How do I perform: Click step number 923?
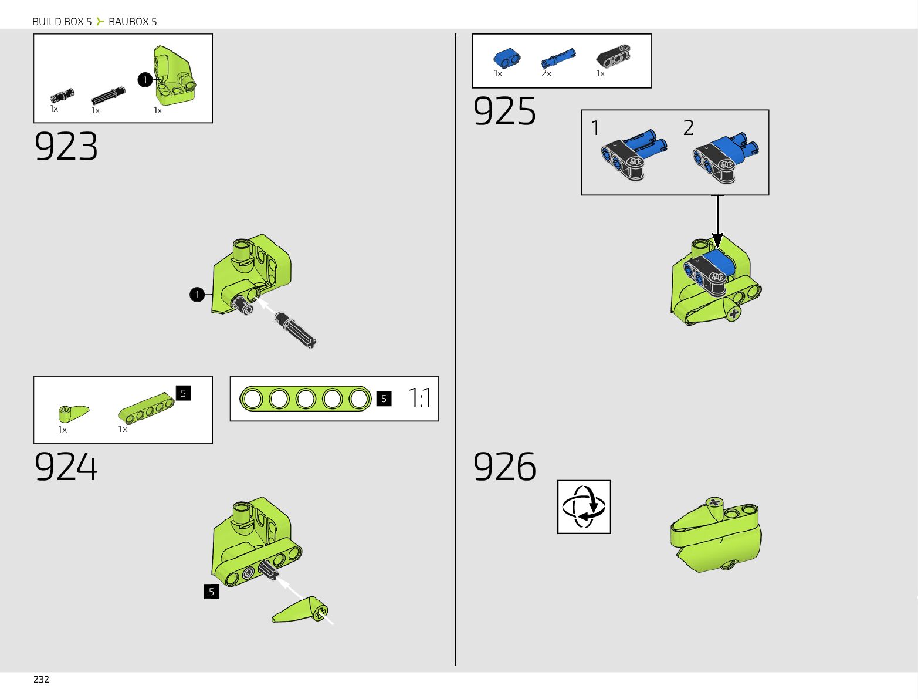click(x=66, y=147)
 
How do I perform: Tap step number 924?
click(x=66, y=467)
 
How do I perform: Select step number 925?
click(x=504, y=112)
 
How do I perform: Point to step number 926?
click(x=504, y=467)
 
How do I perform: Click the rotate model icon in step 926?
click(x=584, y=507)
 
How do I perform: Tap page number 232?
click(x=41, y=679)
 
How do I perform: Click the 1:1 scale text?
click(x=419, y=398)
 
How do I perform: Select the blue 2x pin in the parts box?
click(x=558, y=59)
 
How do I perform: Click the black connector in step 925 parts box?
click(x=614, y=56)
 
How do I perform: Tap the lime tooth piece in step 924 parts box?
click(x=73, y=413)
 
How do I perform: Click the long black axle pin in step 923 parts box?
click(x=109, y=96)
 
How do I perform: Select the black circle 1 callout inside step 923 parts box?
click(x=145, y=80)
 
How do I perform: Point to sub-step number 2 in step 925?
click(x=689, y=128)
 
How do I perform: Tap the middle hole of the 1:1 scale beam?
click(x=306, y=399)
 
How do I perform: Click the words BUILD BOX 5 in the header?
click(x=62, y=22)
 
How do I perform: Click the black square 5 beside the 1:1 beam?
click(x=384, y=399)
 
